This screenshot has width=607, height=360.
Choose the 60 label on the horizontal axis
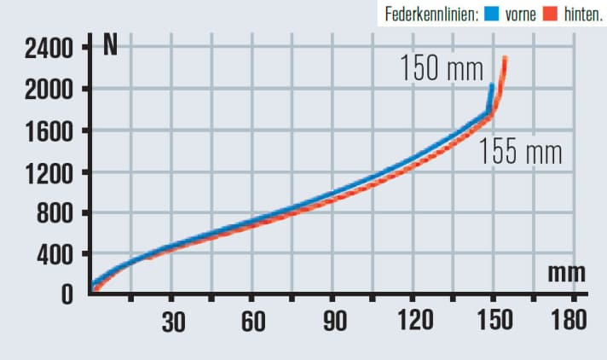[252, 321]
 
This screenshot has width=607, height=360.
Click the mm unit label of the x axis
[566, 272]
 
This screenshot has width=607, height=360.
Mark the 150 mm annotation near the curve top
[441, 69]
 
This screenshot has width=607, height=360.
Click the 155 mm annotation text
[520, 152]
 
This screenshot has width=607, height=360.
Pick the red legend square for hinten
[549, 15]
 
